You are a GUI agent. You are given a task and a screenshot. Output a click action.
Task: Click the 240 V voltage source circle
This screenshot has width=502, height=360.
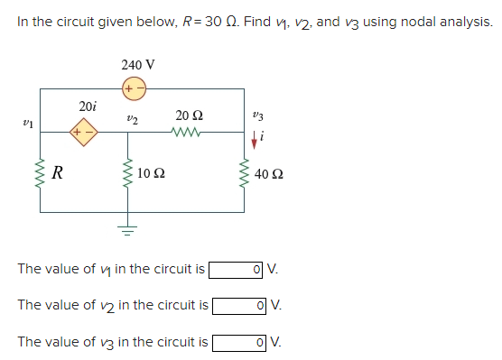(x=135, y=89)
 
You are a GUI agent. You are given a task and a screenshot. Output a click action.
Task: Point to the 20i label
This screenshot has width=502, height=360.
(x=88, y=106)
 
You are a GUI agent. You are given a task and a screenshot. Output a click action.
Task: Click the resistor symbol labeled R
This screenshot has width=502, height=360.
(x=41, y=173)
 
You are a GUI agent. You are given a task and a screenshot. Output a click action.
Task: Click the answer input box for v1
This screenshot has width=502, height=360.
(x=237, y=269)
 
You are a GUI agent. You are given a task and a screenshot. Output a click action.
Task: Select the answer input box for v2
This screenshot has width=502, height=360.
(x=239, y=305)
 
